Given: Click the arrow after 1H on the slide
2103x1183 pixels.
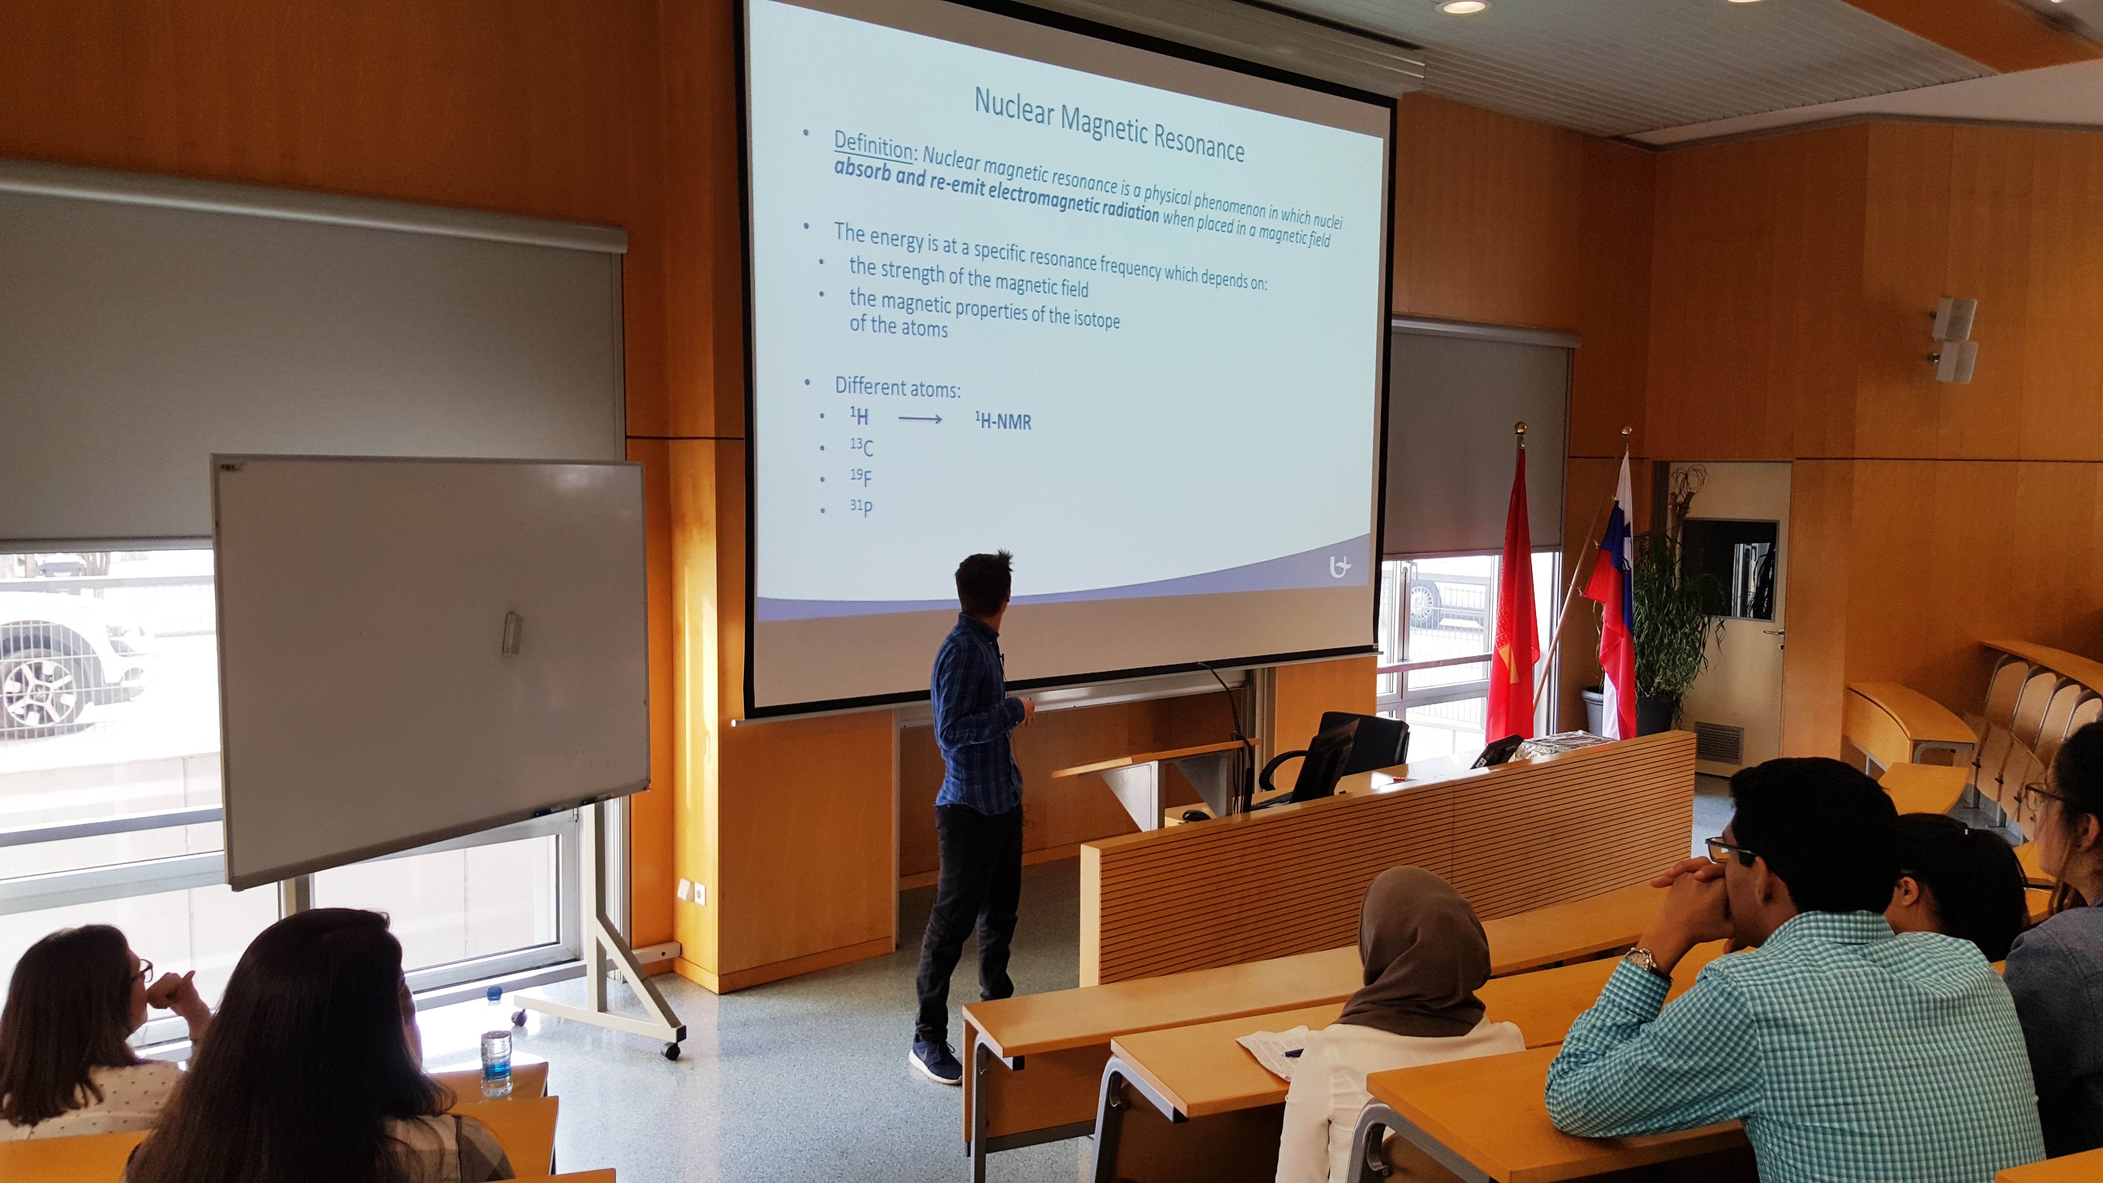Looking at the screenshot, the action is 920,420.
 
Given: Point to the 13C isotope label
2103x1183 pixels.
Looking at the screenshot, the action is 861,447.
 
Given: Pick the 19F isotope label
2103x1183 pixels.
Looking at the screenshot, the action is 860,477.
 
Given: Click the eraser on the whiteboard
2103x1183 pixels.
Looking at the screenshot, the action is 512,633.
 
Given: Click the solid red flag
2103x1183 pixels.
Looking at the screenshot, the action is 1512,596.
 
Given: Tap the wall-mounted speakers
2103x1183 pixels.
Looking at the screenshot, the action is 1954,339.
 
